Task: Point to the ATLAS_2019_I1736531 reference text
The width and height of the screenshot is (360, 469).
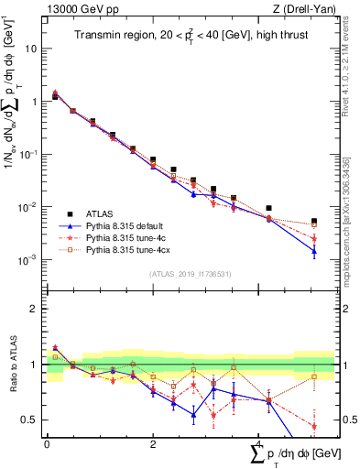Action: point(190,274)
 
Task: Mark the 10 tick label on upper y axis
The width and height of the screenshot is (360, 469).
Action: point(31,49)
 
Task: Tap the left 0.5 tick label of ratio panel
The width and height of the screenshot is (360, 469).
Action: point(31,420)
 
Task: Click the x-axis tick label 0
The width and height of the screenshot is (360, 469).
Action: point(47,443)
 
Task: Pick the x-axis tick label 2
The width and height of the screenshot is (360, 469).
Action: point(153,443)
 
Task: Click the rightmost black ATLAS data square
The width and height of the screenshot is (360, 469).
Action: point(314,222)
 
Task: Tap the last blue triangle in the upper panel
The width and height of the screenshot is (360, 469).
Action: point(314,250)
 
